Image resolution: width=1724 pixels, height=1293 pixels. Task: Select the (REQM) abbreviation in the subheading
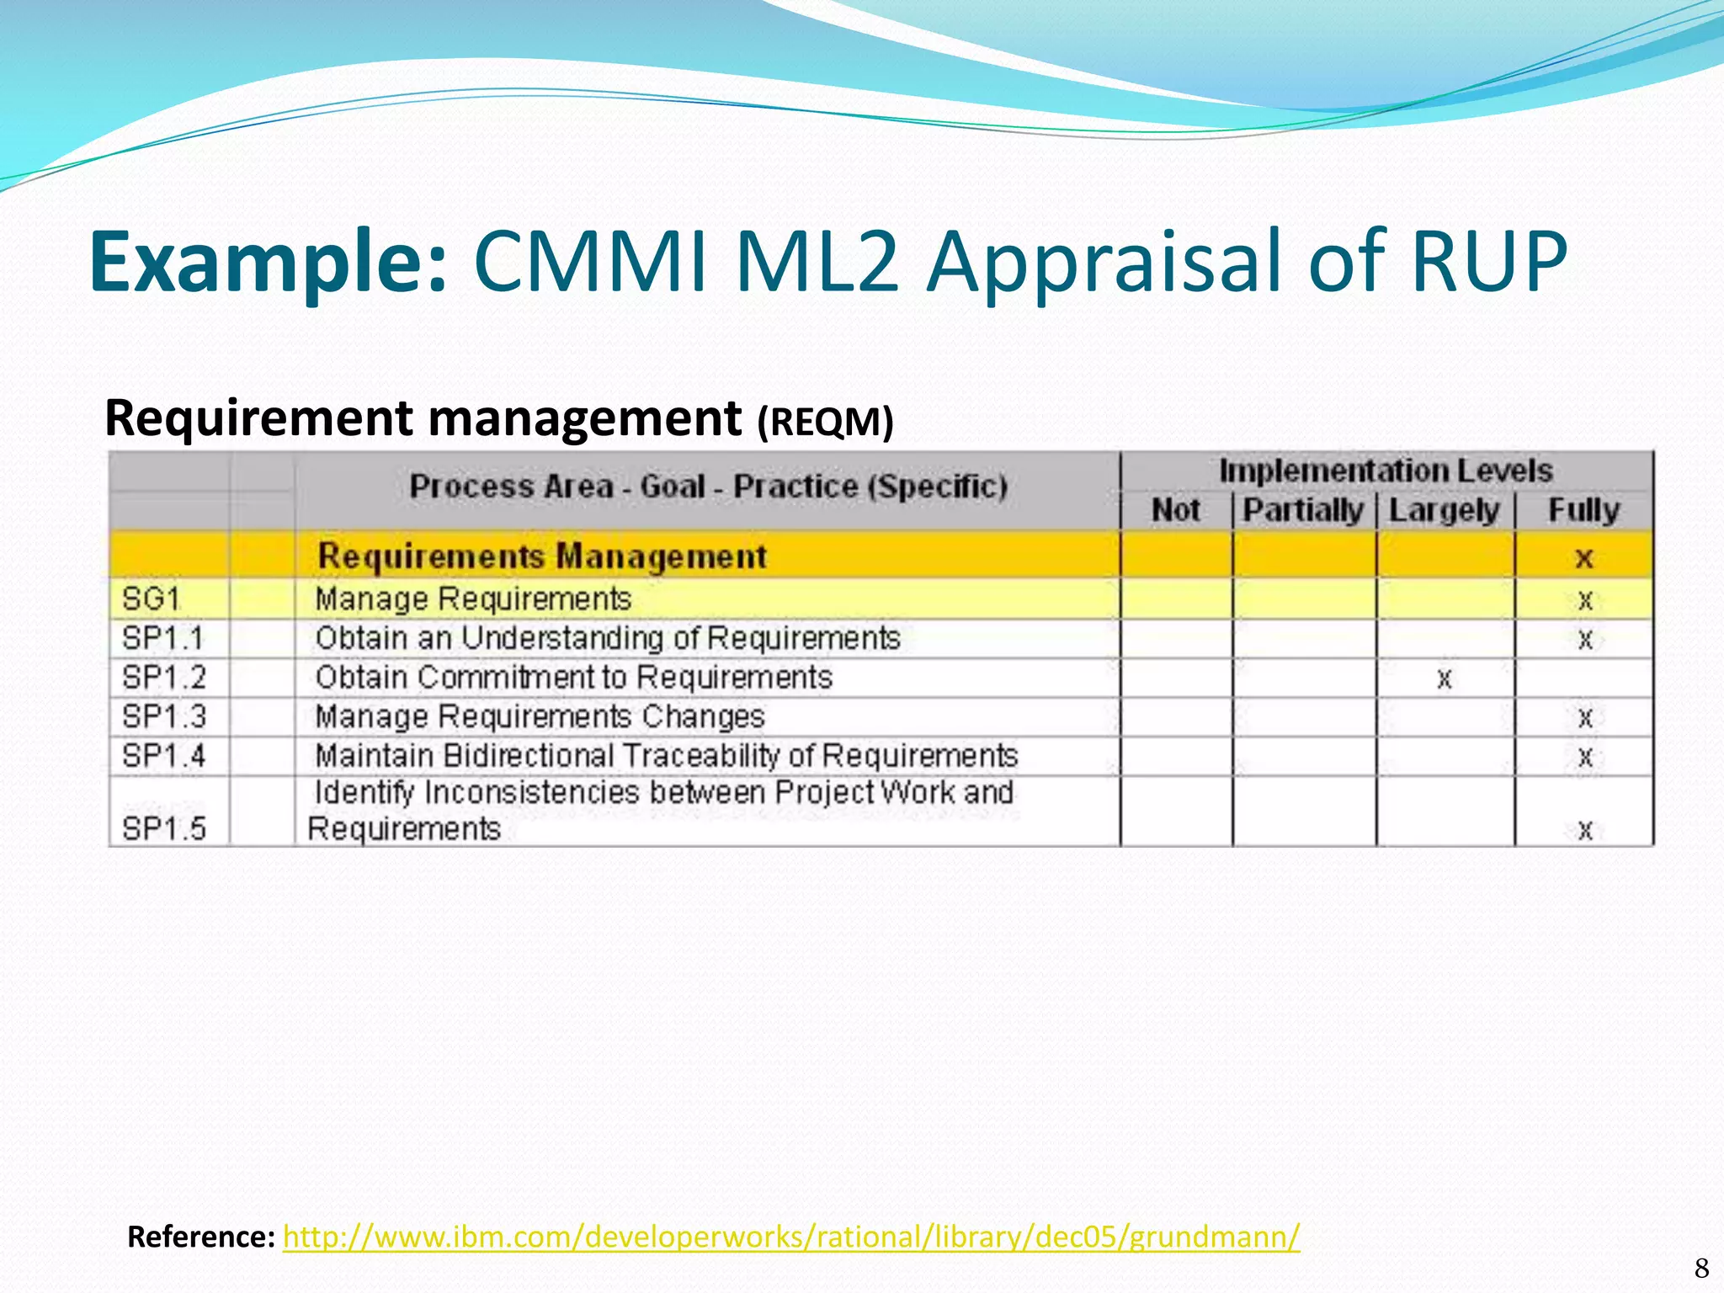pos(825,422)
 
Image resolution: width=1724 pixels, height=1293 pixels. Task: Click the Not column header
pos(1175,510)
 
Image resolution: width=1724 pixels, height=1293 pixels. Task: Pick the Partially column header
pos(1303,510)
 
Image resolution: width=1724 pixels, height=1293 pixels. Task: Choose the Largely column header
pos(1444,510)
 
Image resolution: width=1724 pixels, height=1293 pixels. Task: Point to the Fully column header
pos(1583,510)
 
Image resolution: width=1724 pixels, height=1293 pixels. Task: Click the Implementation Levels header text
pos(1386,471)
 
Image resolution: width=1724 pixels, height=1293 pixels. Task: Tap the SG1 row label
pos(152,599)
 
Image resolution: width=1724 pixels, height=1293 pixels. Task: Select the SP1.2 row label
pos(164,678)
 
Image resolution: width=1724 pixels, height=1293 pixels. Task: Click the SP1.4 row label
pos(164,756)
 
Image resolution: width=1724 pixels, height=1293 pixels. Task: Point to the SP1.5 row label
pos(164,829)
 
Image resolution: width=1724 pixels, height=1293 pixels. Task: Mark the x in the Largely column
pos(1445,678)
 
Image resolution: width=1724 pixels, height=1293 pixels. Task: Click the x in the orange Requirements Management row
pos(1584,557)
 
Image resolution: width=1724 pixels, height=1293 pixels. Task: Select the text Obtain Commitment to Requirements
pos(573,678)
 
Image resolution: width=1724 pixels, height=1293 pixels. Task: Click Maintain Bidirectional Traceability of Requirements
pos(666,756)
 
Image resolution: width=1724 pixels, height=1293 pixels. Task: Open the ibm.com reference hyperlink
pos(791,1237)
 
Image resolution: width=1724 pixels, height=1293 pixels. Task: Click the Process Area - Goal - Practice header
pos(708,487)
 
